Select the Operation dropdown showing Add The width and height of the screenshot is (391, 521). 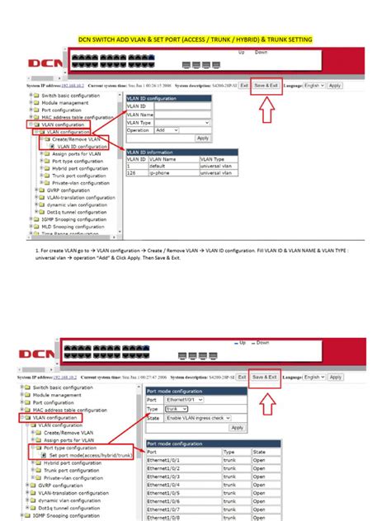(166, 129)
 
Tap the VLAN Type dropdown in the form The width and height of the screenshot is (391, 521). (174, 122)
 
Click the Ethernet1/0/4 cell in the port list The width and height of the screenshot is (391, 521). (163, 486)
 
